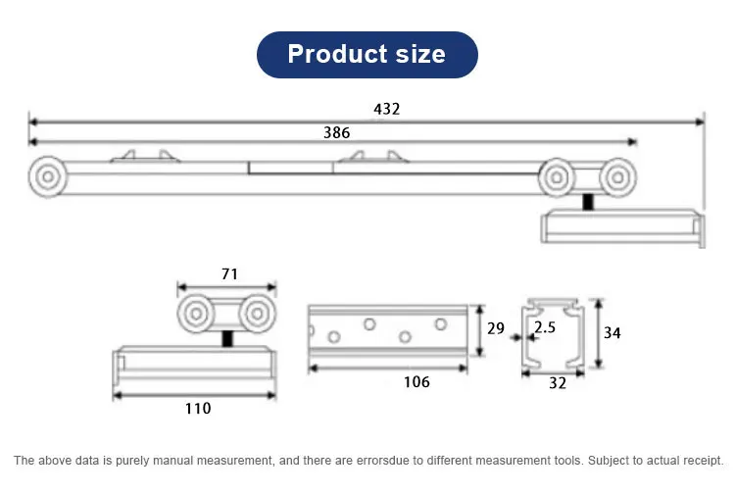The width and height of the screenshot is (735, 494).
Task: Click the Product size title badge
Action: (367, 54)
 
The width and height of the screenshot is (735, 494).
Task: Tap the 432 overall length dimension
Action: (386, 109)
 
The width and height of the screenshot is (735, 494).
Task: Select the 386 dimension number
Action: (336, 133)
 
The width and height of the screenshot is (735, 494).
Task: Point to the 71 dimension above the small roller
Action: (230, 274)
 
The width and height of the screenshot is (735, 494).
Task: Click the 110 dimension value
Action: (197, 408)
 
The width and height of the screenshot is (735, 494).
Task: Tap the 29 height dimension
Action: (496, 328)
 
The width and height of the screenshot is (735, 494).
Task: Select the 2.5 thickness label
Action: (544, 328)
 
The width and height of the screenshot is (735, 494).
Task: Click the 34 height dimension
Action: (612, 332)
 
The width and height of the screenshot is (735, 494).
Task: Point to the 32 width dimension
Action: (557, 383)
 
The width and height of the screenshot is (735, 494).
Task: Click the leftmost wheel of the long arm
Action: (47, 177)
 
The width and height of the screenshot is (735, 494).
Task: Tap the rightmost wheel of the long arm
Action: (614, 177)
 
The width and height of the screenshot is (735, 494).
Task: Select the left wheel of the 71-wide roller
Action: (196, 315)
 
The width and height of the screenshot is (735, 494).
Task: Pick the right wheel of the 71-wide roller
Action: (256, 315)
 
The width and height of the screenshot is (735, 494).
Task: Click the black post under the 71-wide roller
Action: (227, 338)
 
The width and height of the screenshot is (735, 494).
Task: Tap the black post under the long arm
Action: (587, 203)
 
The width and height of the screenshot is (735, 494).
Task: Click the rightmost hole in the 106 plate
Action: (437, 324)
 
